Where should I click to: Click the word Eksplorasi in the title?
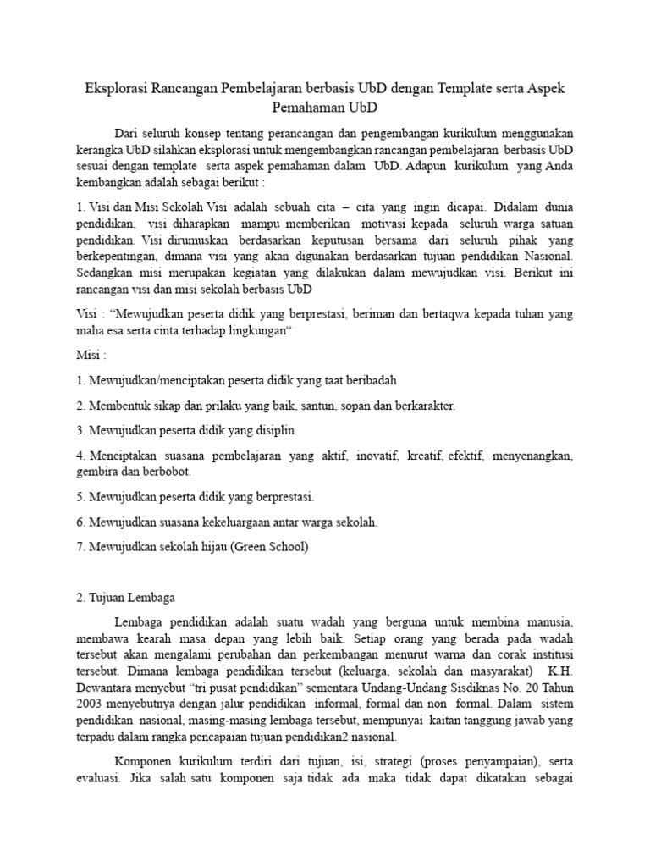pyautogui.click(x=116, y=88)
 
